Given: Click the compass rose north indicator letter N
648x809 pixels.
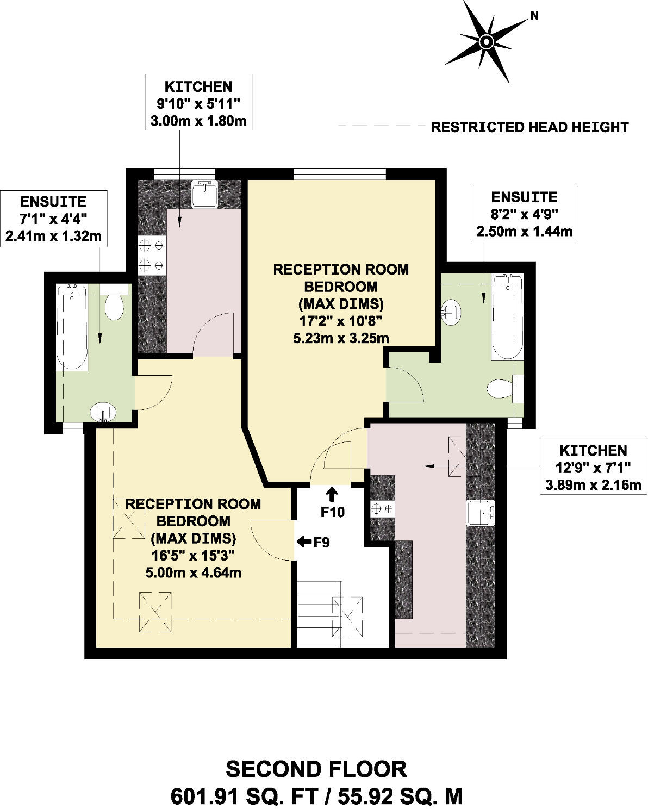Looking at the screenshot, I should [x=534, y=16].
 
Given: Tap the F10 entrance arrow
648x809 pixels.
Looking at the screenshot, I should [x=332, y=494].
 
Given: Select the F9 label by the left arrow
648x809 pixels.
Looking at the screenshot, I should [x=322, y=542].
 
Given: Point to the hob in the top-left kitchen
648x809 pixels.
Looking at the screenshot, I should [x=152, y=256].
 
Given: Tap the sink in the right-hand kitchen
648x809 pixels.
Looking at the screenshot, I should [x=481, y=513].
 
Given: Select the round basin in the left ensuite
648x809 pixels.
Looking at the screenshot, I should [x=103, y=413].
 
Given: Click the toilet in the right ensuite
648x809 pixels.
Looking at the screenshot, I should [x=500, y=389].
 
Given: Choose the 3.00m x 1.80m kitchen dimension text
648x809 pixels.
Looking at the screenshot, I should [x=198, y=120].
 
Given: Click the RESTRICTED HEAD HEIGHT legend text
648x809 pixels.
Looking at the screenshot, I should [x=529, y=127].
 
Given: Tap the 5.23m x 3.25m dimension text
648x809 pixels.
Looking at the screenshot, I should [x=341, y=338].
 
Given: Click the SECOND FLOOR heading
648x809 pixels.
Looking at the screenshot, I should [x=316, y=769].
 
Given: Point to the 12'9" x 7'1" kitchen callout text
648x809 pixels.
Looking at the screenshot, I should [x=593, y=468].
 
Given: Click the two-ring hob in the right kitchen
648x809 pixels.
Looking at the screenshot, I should [x=382, y=509].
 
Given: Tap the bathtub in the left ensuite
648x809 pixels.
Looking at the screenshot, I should [x=72, y=328].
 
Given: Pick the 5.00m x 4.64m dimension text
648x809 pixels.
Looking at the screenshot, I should [x=193, y=572].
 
